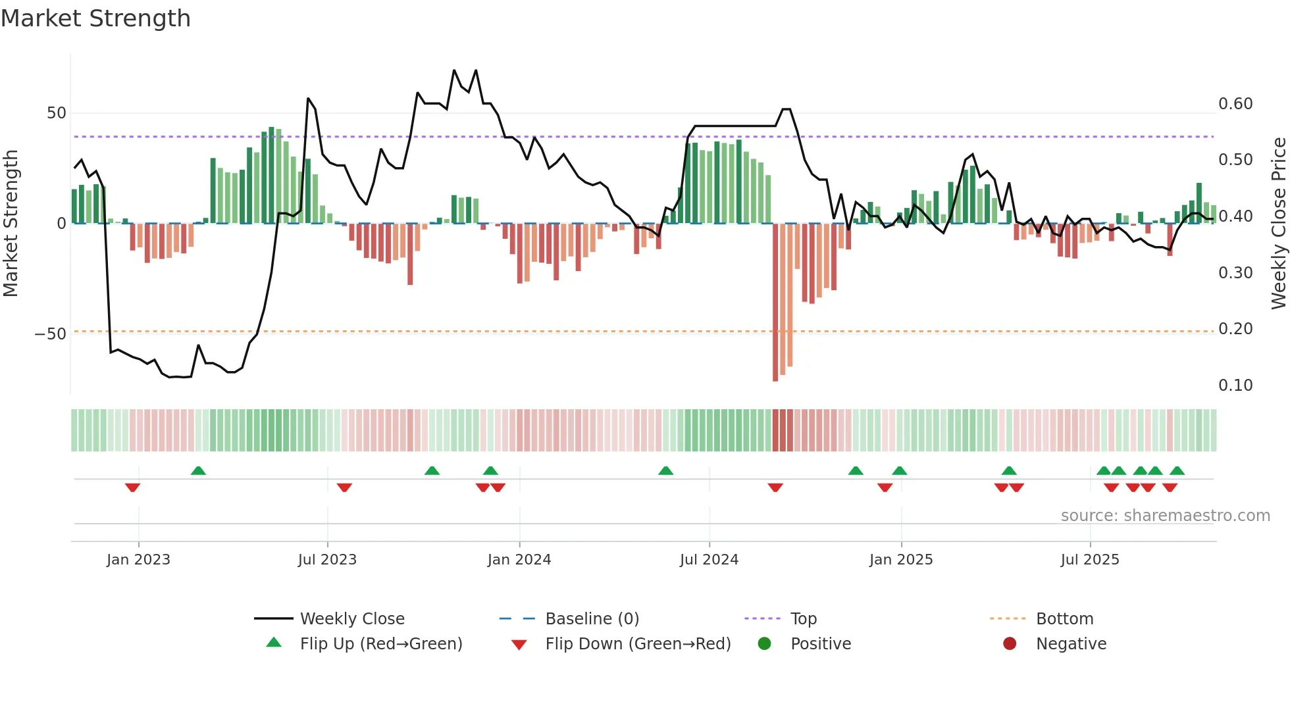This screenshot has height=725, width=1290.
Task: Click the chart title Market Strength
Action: pos(95,18)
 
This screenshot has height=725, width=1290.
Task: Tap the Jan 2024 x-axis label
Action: pos(519,560)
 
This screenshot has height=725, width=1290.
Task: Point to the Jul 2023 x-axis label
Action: pos(327,560)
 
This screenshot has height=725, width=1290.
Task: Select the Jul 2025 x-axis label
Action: pos(1089,560)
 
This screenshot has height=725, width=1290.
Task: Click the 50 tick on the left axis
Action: pos(57,113)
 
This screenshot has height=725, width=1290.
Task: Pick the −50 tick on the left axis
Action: pos(51,334)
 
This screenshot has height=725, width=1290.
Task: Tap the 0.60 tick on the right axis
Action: pos(1235,104)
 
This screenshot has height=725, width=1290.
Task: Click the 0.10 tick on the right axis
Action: pos(1235,386)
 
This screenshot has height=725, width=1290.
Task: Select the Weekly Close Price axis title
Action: pos(1278,224)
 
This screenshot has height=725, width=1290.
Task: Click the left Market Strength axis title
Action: pos(11,224)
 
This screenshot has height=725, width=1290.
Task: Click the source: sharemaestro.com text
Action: pos(1165,516)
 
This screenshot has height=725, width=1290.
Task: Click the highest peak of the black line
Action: pos(454,70)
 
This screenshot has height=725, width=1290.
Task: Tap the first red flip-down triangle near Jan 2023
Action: pos(132,488)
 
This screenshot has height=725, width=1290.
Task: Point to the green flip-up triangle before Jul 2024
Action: pos(665,470)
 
